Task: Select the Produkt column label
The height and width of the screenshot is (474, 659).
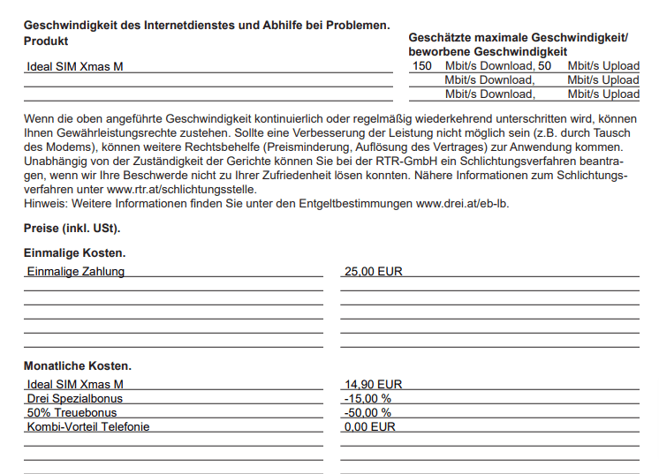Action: [46, 41]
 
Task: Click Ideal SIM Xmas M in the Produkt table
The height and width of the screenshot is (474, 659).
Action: [75, 66]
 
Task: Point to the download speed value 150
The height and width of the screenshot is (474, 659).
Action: [422, 66]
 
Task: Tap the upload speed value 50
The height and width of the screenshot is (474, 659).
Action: [544, 66]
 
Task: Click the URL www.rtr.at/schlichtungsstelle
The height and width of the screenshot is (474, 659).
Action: [182, 189]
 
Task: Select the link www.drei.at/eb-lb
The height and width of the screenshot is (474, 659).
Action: [463, 203]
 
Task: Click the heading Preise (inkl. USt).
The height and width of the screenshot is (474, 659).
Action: [72, 229]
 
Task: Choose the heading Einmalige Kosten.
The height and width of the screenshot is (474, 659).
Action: [74, 253]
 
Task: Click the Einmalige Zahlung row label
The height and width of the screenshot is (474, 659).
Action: [75, 271]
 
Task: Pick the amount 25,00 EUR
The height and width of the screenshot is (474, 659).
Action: [373, 271]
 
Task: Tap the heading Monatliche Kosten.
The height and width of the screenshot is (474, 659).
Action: [78, 365]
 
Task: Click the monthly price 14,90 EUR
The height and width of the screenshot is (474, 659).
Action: [373, 384]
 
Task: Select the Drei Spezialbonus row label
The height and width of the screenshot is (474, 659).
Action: [75, 398]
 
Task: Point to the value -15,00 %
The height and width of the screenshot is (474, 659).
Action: [367, 398]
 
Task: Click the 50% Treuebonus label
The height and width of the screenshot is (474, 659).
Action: [72, 412]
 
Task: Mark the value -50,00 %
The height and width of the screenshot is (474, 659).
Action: [367, 412]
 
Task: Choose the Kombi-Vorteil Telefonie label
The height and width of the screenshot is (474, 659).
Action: [88, 426]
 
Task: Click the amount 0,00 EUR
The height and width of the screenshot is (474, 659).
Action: [370, 426]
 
